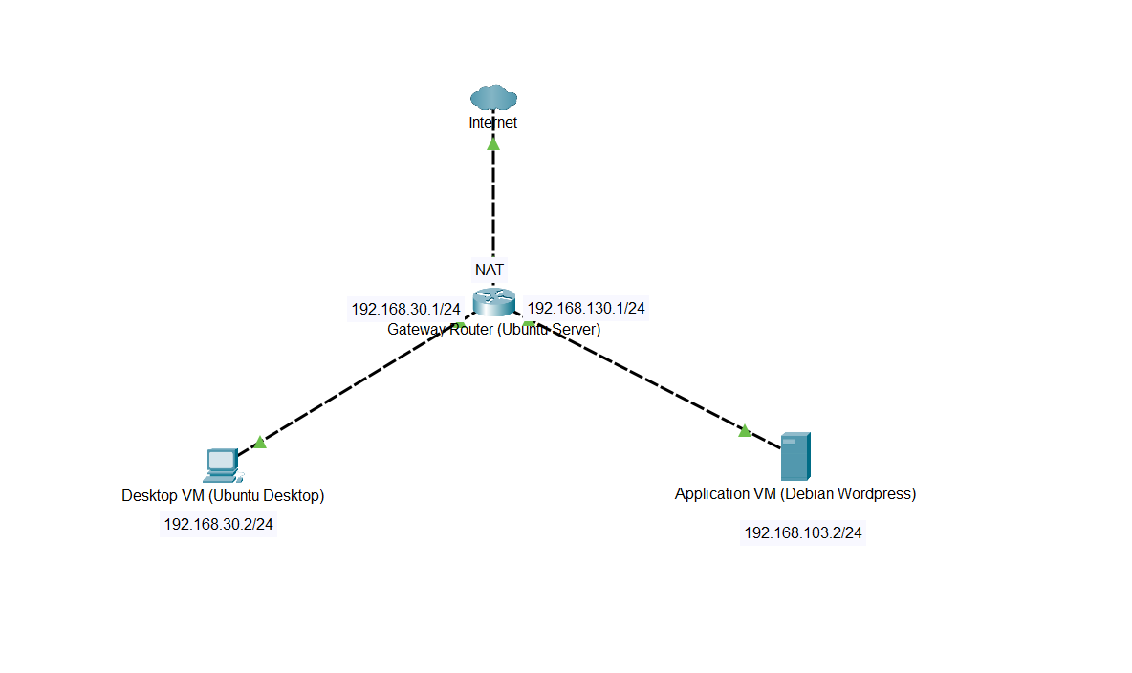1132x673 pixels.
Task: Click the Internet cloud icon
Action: pos(493,98)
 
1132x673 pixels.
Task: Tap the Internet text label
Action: pos(493,122)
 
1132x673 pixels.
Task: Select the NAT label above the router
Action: pos(490,270)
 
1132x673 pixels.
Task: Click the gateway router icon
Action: pos(494,300)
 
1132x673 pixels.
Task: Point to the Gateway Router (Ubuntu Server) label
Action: pos(493,330)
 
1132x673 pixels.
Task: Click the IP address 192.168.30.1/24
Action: pos(406,309)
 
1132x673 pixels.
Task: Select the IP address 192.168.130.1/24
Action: pos(586,308)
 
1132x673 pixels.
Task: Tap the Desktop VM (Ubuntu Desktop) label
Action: pos(223,495)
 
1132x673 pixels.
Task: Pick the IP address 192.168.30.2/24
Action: pos(219,524)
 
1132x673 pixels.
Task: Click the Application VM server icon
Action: pos(795,456)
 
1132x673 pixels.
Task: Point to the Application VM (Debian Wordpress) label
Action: pos(795,493)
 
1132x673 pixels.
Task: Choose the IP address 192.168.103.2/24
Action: pos(803,532)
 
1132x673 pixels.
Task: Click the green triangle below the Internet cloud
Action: pos(493,143)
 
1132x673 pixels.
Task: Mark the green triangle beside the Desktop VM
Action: pos(259,442)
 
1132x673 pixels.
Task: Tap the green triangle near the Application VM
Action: pos(745,431)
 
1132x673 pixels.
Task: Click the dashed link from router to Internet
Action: pos(493,206)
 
